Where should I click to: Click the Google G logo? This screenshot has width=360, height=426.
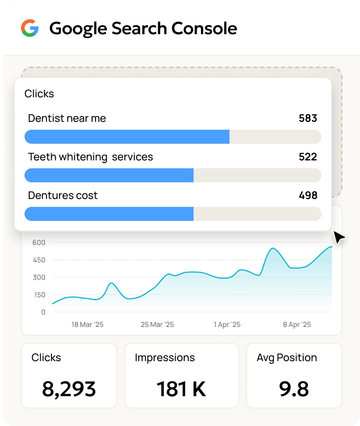[30, 28]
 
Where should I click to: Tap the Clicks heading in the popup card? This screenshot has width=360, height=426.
[39, 94]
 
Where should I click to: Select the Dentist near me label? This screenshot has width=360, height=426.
[67, 118]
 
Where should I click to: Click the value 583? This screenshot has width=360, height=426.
[308, 118]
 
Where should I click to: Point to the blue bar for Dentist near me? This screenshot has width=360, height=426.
[127, 137]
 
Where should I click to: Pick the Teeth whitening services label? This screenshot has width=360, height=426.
[91, 157]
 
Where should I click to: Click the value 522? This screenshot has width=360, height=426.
[308, 157]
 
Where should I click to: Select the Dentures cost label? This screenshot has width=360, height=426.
[63, 195]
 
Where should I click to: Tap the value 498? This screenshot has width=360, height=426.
[308, 195]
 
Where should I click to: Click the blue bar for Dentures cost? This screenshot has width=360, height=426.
[109, 214]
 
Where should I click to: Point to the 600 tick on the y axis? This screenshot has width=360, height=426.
[39, 242]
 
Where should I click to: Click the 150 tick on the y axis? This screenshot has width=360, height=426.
[39, 295]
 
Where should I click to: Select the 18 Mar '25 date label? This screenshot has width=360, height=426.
[88, 325]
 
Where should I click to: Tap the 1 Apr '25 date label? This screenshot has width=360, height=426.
[227, 325]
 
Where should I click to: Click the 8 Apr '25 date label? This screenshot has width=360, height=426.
[297, 325]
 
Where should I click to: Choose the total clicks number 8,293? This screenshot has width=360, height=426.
[69, 389]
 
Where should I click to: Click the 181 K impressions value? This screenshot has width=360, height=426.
[181, 389]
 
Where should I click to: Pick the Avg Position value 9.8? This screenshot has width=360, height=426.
[294, 389]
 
